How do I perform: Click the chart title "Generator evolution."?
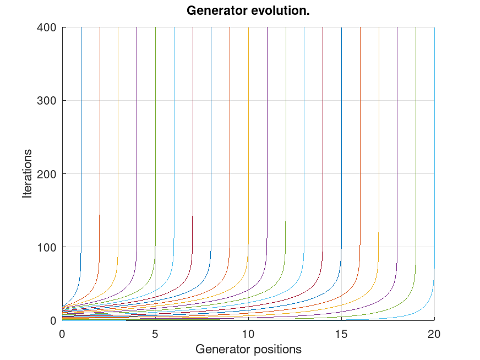(248, 10)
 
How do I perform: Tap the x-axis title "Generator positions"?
(248, 349)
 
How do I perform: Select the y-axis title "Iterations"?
(28, 173)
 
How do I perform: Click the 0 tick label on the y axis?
(53, 320)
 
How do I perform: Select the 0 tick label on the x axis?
(62, 333)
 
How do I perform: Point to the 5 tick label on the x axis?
(155, 333)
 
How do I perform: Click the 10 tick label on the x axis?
(248, 333)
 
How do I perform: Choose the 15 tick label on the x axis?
(341, 333)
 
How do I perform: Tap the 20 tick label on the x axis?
(434, 333)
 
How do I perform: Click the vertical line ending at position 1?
(81, 138)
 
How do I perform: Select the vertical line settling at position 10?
(248, 138)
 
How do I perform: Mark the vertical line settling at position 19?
(416, 138)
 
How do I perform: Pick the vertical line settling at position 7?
(193, 138)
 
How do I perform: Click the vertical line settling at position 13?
(304, 138)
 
